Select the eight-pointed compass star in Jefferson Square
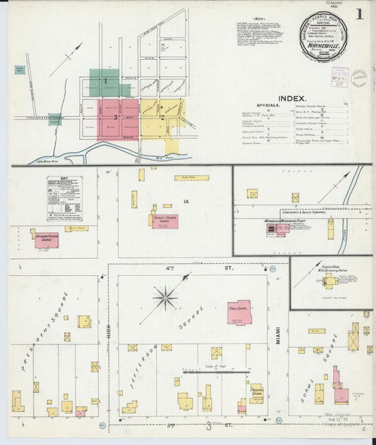[166, 298]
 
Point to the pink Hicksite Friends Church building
[164, 221]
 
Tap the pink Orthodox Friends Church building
[47, 240]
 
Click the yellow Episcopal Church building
[255, 393]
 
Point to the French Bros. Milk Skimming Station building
[330, 281]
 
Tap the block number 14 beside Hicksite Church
[186, 202]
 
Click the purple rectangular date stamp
[340, 77]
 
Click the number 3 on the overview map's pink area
[115, 117]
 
